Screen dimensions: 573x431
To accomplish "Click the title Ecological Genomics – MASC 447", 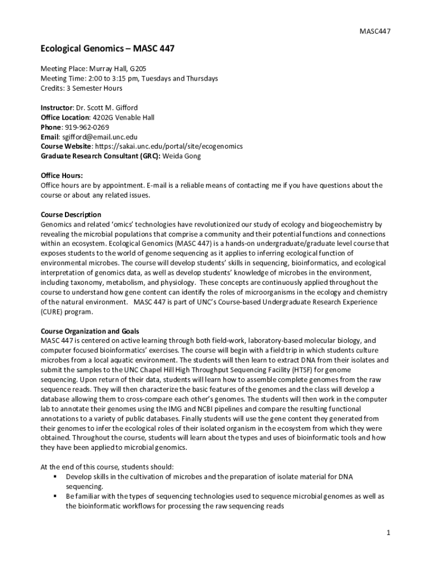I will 107,49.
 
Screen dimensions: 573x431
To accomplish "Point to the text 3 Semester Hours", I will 95,88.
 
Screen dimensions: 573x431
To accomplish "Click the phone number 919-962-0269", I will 87,127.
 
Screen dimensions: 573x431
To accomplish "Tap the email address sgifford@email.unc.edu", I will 100,137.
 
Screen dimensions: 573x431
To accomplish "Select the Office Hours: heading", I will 62,175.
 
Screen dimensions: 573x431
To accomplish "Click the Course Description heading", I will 71,214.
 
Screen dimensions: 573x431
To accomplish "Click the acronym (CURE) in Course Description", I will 51,312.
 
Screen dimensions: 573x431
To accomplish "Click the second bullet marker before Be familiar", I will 55,496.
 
